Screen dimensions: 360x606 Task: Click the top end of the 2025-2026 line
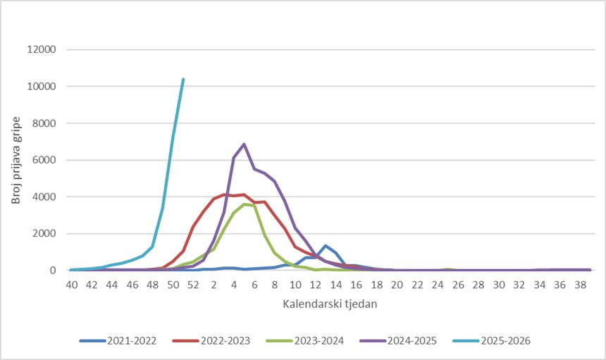pos(183,79)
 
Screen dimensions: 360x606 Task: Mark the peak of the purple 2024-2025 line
pos(245,144)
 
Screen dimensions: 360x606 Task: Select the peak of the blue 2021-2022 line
pos(326,246)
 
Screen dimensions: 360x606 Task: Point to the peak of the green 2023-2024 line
pos(245,204)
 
